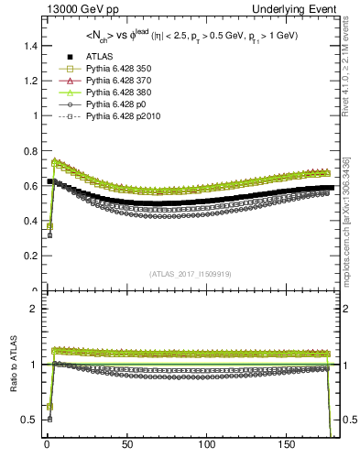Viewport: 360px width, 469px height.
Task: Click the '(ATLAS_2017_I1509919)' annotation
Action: [x=190, y=274]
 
